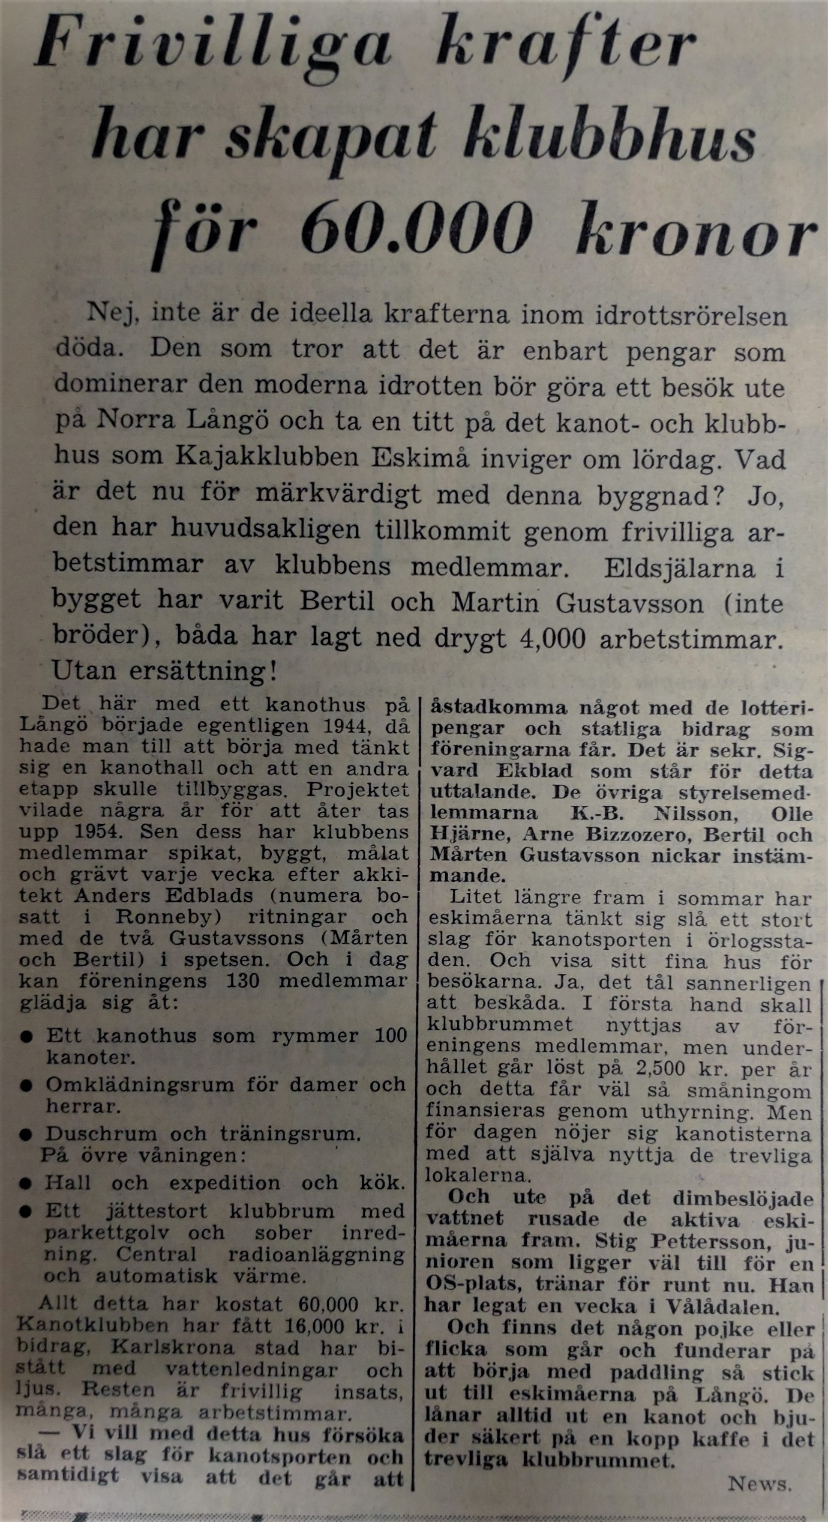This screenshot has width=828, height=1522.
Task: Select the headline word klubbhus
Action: point(609,139)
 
